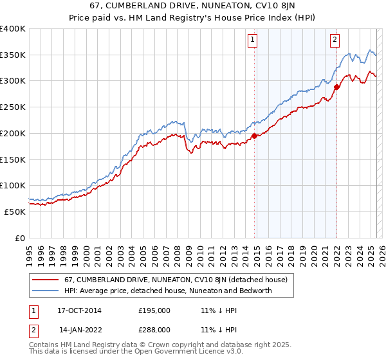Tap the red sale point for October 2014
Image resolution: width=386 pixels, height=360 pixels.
tap(254, 136)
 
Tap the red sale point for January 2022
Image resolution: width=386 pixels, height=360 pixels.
tap(336, 87)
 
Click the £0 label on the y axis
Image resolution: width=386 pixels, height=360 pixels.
tap(20, 238)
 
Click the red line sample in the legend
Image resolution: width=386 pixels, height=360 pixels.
tap(45, 280)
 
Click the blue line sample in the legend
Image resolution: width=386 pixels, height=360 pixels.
tap(45, 291)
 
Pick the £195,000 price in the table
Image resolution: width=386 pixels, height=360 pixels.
tap(154, 310)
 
